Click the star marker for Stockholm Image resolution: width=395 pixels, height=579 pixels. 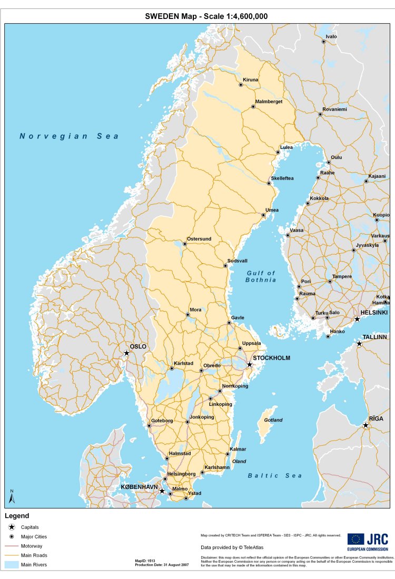tap(250, 364)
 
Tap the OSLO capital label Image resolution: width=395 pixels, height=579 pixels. tap(138, 346)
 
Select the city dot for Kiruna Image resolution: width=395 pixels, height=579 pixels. tap(241, 85)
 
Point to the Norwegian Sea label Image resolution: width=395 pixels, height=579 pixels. tap(69, 136)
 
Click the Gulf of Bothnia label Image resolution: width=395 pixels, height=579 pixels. tap(261, 276)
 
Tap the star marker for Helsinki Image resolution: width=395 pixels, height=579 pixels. tap(357, 319)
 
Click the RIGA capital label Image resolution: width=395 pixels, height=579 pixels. tap(376, 418)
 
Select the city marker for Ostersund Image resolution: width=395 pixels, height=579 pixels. tap(185, 244)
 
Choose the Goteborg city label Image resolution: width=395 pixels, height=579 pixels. tap(162, 421)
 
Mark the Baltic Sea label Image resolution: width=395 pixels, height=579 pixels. tap(275, 476)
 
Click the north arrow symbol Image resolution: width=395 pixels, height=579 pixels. tap(12, 496)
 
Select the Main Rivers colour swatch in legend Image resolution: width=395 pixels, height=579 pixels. tap(11, 565)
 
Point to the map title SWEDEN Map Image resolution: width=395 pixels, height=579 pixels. tap(206, 16)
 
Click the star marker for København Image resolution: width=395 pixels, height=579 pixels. tap(162, 491)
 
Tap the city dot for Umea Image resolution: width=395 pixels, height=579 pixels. tap(263, 215)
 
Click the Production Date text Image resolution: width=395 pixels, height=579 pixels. tap(162, 565)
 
